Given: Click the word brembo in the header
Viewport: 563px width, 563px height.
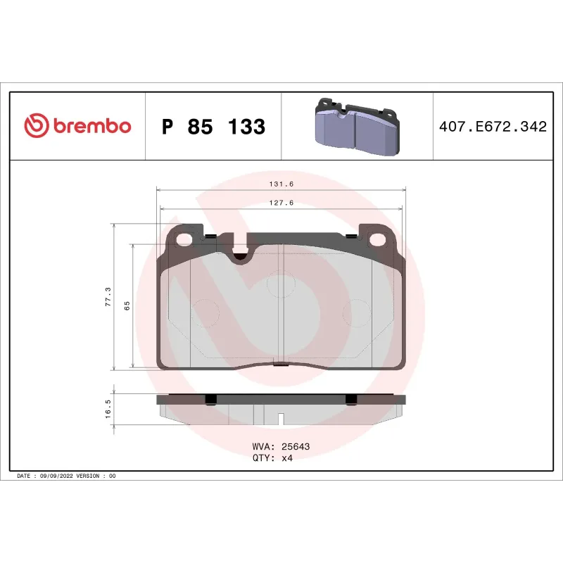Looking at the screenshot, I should pos(91,127).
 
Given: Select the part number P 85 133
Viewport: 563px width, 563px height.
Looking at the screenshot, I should pos(213,127).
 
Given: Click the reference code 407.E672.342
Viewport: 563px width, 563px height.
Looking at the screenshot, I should pos(492,127).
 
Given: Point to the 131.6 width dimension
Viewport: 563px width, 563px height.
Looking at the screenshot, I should pos(281,184).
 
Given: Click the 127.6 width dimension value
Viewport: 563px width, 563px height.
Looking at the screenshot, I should pos(281,203).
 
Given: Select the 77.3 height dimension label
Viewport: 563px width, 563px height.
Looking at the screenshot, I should pos(108,296).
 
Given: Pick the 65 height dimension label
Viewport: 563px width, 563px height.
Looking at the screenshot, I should pos(127,305).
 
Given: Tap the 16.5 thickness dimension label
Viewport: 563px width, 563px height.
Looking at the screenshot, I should pos(108,409).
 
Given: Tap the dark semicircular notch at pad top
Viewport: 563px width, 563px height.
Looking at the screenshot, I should pos(241,256).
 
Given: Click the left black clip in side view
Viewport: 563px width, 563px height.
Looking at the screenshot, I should pos(210,399).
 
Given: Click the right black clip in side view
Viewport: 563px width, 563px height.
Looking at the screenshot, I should pos(350,399).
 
